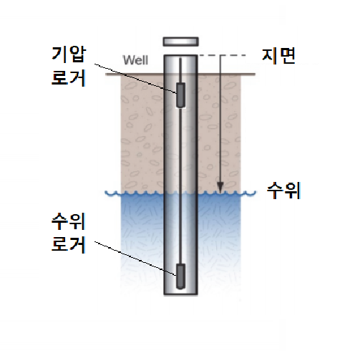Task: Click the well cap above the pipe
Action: click(180, 42)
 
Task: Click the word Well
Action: click(135, 60)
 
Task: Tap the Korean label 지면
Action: click(278, 56)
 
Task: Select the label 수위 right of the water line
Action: click(283, 191)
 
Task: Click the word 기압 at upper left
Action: click(69, 54)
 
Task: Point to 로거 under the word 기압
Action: click(69, 78)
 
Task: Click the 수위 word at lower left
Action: click(69, 222)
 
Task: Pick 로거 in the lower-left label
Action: click(69, 245)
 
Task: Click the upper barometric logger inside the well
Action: click(180, 95)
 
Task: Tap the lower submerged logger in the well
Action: click(180, 276)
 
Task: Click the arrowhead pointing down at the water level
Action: click(220, 188)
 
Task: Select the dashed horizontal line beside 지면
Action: click(222, 55)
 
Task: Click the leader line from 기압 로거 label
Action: click(135, 78)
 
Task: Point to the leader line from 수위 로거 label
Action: click(135, 259)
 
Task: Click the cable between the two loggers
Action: click(180, 186)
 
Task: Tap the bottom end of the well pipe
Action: click(180, 295)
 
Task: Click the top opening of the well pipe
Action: click(180, 56)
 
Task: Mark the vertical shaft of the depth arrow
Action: click(220, 119)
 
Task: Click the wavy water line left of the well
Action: click(135, 193)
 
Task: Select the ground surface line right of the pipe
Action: click(226, 74)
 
